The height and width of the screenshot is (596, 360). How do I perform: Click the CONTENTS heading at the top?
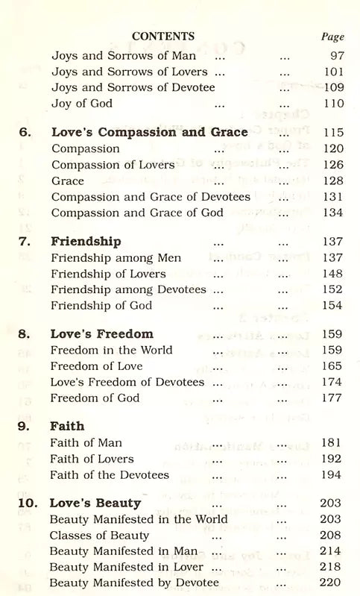(162, 36)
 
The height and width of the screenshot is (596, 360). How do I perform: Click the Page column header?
(332, 37)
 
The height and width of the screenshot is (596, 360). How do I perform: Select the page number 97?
(336, 55)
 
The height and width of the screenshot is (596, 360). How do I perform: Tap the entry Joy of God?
(81, 104)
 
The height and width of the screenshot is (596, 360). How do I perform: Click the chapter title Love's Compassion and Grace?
(149, 132)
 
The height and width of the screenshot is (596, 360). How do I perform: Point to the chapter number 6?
(25, 132)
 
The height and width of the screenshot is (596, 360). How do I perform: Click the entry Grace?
(68, 181)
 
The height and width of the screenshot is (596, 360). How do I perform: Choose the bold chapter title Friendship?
(86, 242)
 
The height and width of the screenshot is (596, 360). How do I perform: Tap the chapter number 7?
(25, 242)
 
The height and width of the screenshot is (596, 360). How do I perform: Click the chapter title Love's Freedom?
(102, 333)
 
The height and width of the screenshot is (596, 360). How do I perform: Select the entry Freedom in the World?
(111, 350)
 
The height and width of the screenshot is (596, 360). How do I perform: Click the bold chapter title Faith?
(67, 426)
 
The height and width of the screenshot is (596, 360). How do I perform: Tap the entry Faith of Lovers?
(92, 459)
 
